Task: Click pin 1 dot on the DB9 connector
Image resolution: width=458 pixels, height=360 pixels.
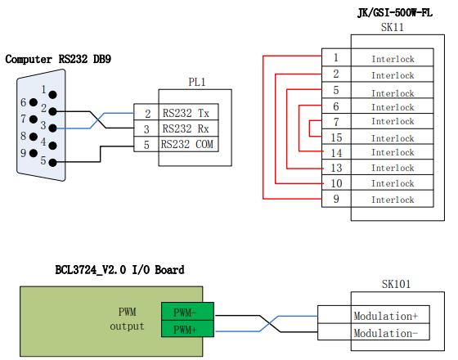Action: point(53,95)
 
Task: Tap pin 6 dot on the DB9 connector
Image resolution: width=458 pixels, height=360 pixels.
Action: point(34,102)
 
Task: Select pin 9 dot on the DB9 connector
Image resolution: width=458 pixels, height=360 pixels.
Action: point(34,153)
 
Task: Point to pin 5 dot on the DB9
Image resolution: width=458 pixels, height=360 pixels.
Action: point(52,163)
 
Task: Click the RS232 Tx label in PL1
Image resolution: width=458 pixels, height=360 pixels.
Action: point(186,113)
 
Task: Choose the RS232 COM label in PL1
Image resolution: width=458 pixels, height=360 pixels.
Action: point(187,144)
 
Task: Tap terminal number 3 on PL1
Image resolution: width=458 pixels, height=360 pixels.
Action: point(146,129)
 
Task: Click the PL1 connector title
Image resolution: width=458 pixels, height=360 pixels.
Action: point(197,82)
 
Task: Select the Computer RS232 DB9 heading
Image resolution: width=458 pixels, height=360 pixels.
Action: point(58,59)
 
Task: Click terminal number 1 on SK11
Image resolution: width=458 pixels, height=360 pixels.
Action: point(336,57)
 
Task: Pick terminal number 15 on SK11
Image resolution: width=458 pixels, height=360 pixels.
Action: point(336,137)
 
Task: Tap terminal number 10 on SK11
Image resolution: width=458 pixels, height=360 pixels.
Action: point(336,183)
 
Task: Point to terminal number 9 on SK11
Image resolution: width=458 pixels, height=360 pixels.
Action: point(336,199)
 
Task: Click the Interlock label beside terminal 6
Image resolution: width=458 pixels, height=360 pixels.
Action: point(393,107)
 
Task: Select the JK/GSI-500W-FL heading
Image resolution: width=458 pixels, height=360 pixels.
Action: point(395,13)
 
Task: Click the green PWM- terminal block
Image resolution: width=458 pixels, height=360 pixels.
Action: point(187,312)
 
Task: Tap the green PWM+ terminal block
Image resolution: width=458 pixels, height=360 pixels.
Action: point(187,329)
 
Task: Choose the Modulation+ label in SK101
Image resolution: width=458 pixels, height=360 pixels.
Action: point(386,316)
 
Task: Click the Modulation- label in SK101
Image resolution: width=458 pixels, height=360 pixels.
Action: point(386,333)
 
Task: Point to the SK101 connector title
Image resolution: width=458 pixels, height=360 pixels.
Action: point(396,284)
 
